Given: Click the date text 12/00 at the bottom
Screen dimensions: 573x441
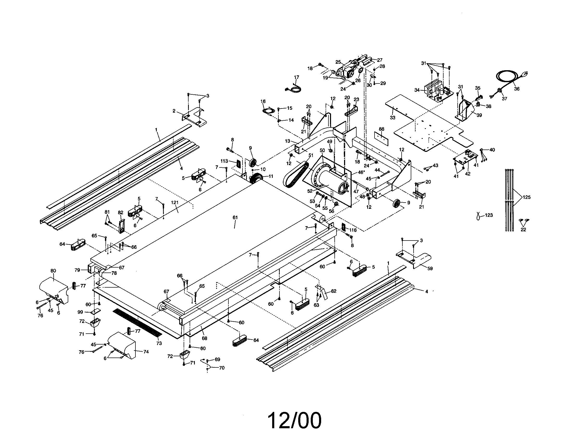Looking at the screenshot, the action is [294, 420].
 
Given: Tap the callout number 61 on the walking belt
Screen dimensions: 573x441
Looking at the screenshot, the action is [235, 217].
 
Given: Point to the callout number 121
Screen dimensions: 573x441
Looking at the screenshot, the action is [175, 203].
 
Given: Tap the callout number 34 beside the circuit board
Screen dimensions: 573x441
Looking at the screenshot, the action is [417, 90].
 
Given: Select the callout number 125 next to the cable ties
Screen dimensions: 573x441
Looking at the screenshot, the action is [527, 197].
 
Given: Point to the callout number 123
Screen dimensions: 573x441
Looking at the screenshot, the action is [489, 215].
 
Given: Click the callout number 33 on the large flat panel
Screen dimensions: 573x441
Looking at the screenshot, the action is [393, 118].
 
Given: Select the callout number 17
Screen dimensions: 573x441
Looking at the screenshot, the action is [296, 77].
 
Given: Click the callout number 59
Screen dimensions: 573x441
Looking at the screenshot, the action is [430, 268].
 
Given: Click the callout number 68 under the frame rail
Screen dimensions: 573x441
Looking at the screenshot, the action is [204, 338].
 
